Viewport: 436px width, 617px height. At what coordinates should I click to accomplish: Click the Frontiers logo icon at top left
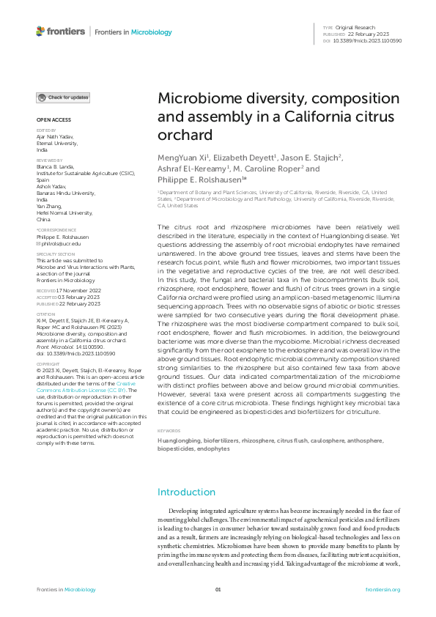click(x=40, y=32)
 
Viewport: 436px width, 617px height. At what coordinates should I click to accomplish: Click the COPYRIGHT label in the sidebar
click(x=48, y=363)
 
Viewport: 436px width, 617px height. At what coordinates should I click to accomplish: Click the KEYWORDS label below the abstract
click(x=169, y=431)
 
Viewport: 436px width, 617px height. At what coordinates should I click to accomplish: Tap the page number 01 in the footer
click(x=218, y=589)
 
